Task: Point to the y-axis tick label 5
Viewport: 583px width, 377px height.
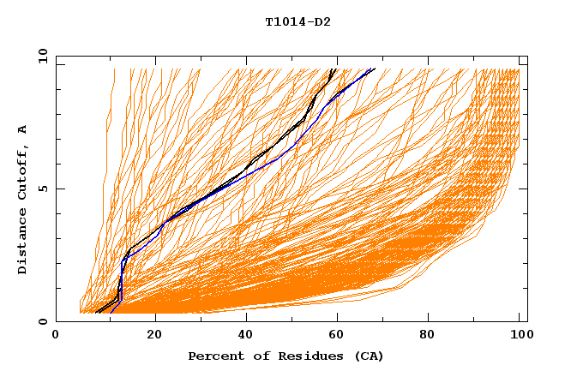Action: (42, 188)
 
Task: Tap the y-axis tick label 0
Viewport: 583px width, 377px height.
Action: (42, 321)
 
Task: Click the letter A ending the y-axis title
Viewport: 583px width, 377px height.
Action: (23, 129)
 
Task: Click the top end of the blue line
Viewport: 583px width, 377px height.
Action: (374, 69)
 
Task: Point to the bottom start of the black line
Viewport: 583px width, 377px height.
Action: (97, 313)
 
